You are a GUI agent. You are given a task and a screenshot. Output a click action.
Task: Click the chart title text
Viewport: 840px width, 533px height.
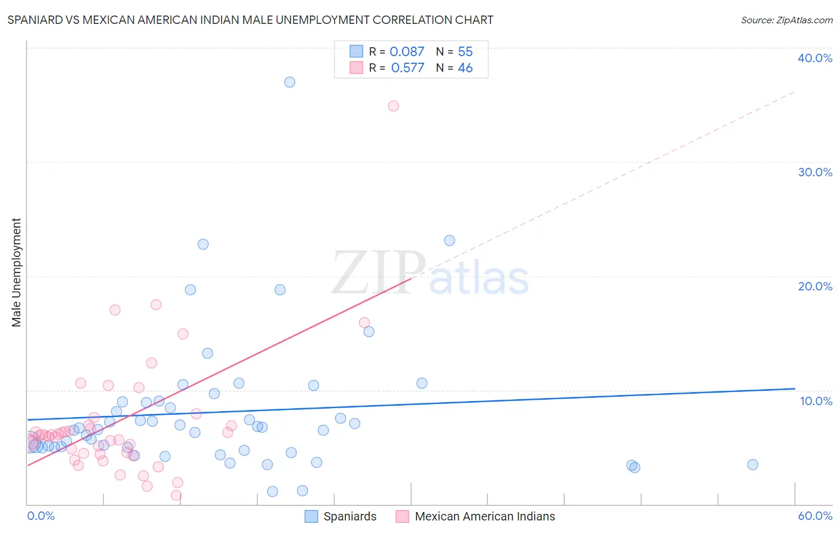(250, 20)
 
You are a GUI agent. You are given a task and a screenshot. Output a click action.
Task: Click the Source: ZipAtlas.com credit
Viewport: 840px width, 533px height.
(786, 20)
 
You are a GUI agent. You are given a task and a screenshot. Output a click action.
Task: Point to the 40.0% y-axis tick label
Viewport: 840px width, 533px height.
(814, 58)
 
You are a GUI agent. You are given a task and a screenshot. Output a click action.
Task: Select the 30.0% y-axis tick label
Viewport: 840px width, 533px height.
(814, 172)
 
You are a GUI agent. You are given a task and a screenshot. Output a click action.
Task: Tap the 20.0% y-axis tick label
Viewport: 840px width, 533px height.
(814, 286)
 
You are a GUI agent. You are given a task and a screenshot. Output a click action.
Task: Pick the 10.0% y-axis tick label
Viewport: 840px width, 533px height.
(816, 401)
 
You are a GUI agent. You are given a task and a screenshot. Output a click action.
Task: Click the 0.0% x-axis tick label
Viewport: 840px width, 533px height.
(41, 516)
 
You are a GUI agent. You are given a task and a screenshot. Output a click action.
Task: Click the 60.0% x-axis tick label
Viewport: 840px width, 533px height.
(814, 516)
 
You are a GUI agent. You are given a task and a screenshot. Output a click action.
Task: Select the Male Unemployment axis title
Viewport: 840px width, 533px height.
(16, 272)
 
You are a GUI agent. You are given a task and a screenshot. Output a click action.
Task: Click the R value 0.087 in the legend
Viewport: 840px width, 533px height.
(407, 52)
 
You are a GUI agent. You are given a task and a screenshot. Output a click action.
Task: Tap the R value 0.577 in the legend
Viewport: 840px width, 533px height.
(407, 68)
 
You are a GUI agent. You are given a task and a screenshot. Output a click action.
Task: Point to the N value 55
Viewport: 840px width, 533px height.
(465, 52)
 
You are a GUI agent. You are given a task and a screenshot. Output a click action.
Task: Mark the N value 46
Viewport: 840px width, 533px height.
(465, 68)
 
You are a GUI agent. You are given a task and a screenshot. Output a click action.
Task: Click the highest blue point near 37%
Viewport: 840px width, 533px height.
(290, 82)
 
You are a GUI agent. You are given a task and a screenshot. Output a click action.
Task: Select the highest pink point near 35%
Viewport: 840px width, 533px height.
(393, 106)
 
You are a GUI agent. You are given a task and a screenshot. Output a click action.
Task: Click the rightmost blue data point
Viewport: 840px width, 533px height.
(753, 465)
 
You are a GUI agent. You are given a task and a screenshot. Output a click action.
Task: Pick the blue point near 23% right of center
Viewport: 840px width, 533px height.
(449, 241)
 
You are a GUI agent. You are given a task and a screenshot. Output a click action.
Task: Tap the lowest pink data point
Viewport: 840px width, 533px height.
(176, 495)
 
